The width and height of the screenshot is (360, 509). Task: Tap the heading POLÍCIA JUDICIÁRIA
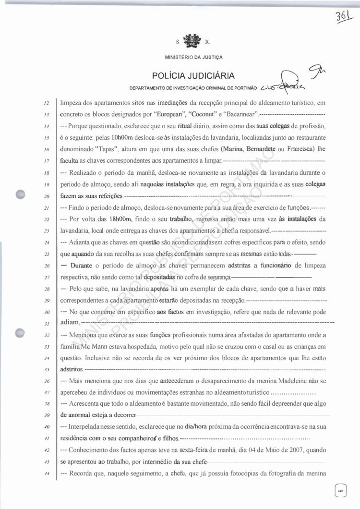pyautogui.click(x=193, y=75)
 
